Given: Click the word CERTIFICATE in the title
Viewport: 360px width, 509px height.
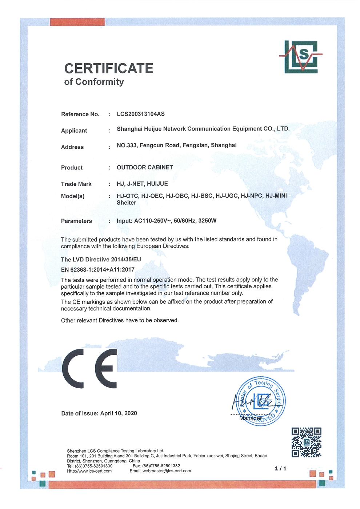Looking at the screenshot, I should click(x=109, y=68).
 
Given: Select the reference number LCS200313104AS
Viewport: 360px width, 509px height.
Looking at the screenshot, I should click(x=141, y=114).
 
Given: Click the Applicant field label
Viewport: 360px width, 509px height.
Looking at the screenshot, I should click(x=74, y=131).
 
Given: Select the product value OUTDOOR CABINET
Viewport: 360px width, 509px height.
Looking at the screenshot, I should click(x=145, y=168).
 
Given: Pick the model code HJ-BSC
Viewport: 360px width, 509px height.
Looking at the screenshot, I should click(x=202, y=196).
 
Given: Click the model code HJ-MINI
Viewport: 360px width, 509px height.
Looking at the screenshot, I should click(x=276, y=196).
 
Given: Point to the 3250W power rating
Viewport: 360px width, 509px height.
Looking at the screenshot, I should click(x=207, y=221).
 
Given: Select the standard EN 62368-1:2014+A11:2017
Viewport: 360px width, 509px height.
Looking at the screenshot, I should click(x=98, y=270).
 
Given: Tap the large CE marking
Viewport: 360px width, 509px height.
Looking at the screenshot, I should click(x=90, y=369).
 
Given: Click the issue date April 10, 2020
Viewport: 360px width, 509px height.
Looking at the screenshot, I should click(x=119, y=413).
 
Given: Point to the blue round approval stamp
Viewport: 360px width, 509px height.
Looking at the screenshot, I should click(x=261, y=401).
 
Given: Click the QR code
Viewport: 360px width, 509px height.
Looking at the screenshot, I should click(x=307, y=442).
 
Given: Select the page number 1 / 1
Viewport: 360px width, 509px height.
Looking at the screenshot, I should click(x=281, y=469).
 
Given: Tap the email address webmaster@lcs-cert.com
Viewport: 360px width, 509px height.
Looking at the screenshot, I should click(x=167, y=471).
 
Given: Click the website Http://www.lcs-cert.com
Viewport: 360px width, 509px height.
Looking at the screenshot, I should click(x=89, y=471).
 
